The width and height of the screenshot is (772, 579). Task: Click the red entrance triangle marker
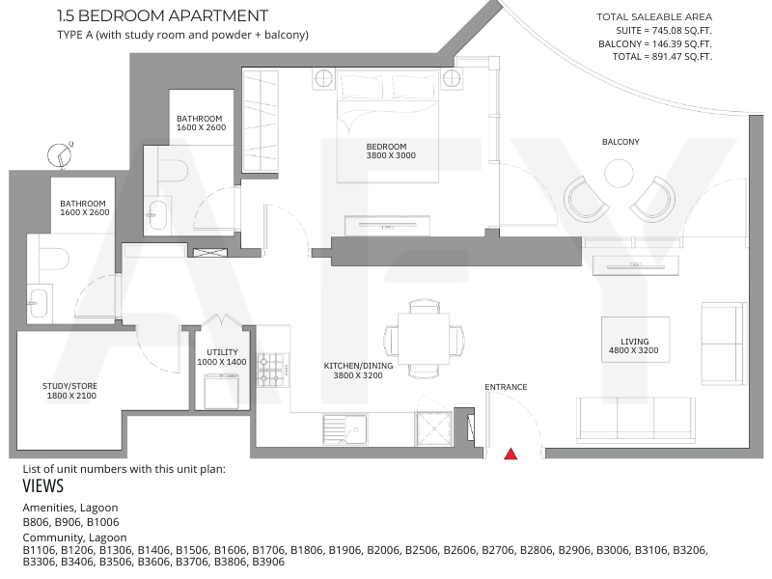tap(510, 454)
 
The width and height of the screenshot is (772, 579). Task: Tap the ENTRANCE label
tap(506, 387)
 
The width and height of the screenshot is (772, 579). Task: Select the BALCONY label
tap(620, 142)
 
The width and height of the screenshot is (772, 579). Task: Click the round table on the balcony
tap(619, 174)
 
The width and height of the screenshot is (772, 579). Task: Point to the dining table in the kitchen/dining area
tap(424, 339)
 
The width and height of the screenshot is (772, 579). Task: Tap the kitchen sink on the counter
tap(345, 429)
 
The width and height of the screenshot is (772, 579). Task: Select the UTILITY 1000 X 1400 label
tap(222, 357)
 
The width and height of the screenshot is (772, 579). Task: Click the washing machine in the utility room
tap(222, 391)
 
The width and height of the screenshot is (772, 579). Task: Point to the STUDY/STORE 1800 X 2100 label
tap(69, 391)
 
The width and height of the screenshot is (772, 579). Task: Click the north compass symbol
tap(60, 155)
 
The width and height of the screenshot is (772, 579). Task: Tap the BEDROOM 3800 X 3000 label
tap(391, 151)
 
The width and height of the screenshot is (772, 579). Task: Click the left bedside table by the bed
tap(323, 79)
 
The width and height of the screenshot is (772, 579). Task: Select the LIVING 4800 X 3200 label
tap(634, 345)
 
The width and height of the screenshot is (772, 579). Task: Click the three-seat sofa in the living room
tap(636, 419)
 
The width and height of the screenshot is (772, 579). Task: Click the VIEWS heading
tap(43, 486)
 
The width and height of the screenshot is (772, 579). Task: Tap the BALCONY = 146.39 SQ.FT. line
tap(655, 43)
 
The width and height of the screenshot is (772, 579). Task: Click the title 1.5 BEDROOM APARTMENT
tap(163, 15)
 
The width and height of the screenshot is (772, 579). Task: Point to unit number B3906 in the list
tap(268, 562)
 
